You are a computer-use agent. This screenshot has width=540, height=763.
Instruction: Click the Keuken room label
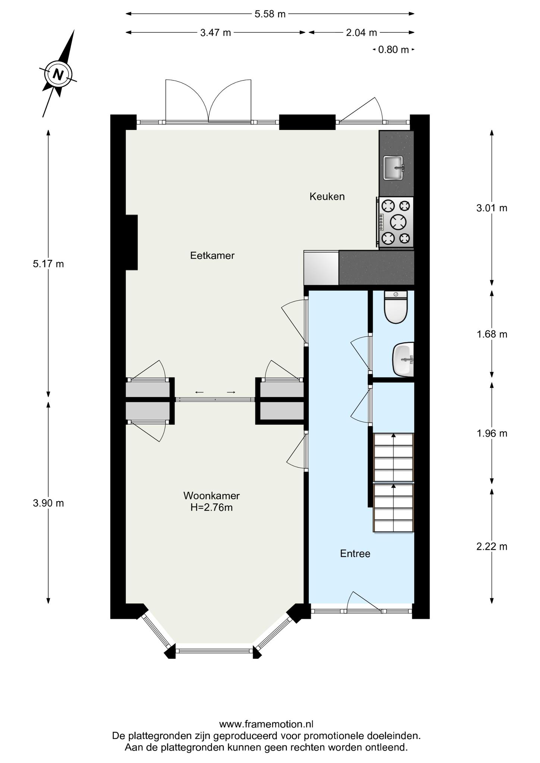coord(327,196)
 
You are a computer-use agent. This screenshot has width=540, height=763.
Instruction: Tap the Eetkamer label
coord(212,256)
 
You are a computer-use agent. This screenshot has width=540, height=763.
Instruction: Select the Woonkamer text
coord(211,496)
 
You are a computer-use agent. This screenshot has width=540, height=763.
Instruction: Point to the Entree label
coord(355,554)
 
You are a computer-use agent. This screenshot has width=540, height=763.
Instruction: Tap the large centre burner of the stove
coord(398,222)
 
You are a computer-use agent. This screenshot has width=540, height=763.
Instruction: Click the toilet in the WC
coord(396,307)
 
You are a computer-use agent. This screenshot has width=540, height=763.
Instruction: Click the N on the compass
coord(58,74)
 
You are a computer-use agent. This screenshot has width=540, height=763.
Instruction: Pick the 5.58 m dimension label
coord(270,14)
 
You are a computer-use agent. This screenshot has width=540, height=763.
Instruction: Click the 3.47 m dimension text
coord(216,33)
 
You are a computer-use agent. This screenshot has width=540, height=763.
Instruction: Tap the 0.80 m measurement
coord(393,50)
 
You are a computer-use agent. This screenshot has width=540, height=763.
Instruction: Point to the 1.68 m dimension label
coord(492,334)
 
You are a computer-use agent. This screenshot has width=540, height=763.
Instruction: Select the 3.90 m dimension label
coord(48,503)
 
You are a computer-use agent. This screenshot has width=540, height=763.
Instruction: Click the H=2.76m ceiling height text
coord(211,507)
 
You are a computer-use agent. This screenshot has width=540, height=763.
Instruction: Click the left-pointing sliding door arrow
coord(200,392)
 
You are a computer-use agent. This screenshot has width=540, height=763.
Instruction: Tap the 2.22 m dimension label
coord(492,547)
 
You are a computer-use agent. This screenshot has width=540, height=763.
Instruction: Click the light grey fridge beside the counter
coord(321,268)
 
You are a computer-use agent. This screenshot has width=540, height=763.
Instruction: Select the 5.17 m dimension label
coord(48,264)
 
